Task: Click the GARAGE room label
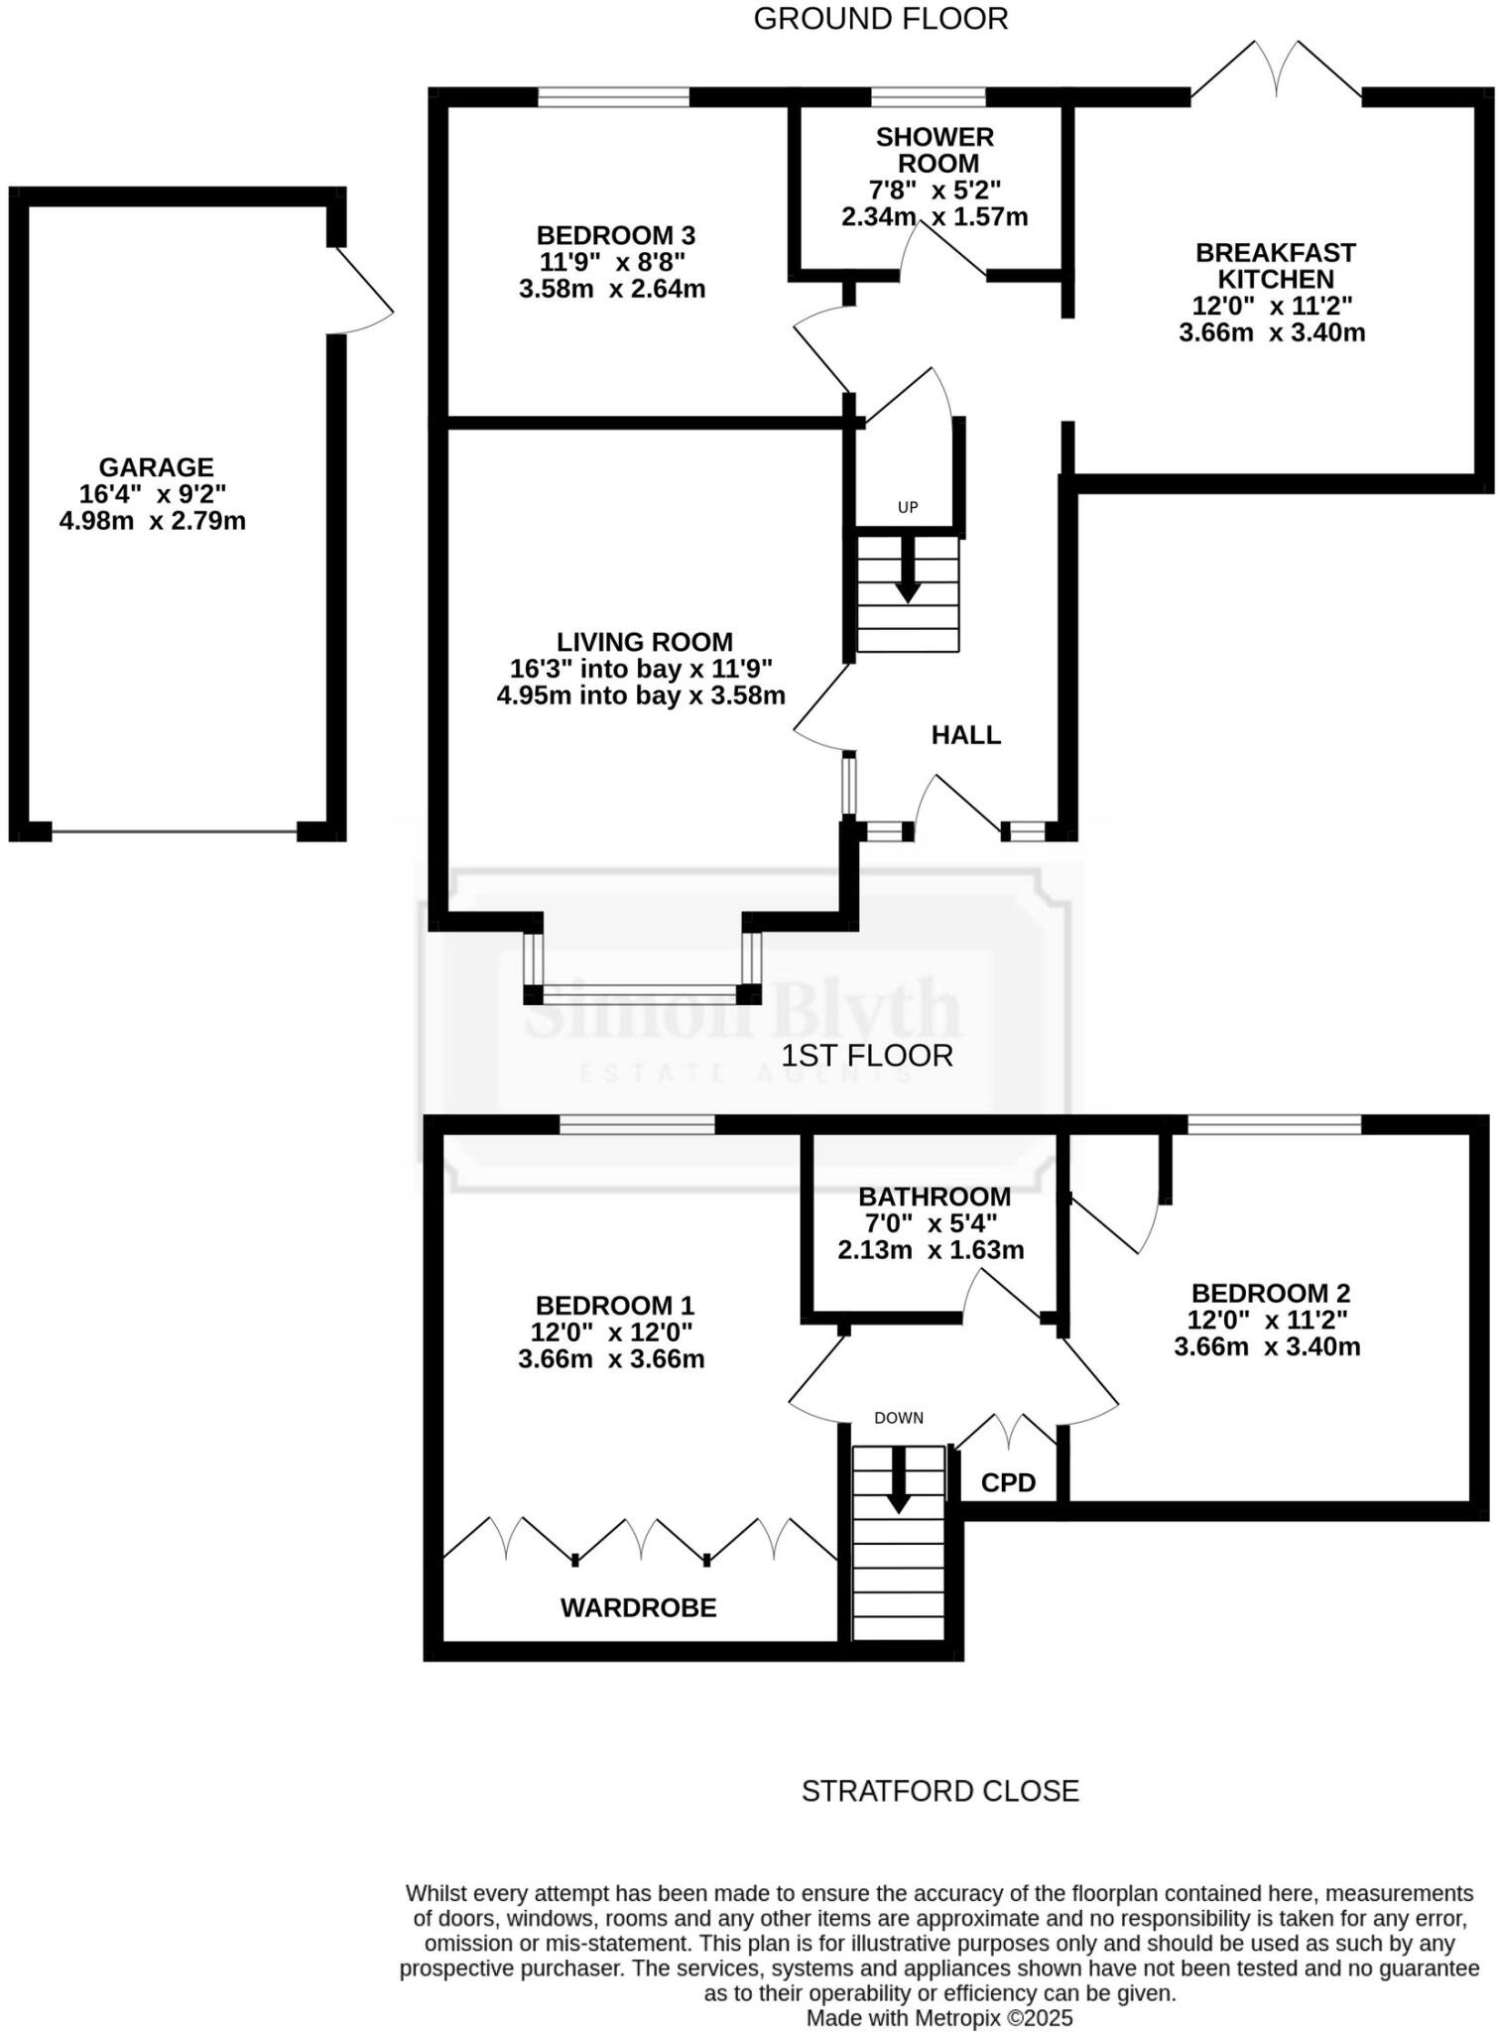pos(156,466)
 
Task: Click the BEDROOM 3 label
pos(615,235)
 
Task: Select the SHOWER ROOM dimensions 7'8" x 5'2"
pos(934,190)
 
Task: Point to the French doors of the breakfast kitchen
pos(1276,71)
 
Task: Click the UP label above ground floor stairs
pos(908,507)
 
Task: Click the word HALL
pos(965,735)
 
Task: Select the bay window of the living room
pos(642,989)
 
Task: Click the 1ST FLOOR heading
pos(866,1056)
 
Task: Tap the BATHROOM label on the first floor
pos(935,1197)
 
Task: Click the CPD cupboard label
pos(1008,1482)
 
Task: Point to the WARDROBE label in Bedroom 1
pos(638,1608)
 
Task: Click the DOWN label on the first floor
pos(899,1418)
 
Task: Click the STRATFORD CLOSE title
pos(939,1791)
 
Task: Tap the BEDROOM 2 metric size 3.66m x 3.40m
pos(1267,1346)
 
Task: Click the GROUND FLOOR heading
pos(880,19)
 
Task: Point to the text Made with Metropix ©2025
pos(939,2018)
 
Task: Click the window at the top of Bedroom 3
pos(613,97)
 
